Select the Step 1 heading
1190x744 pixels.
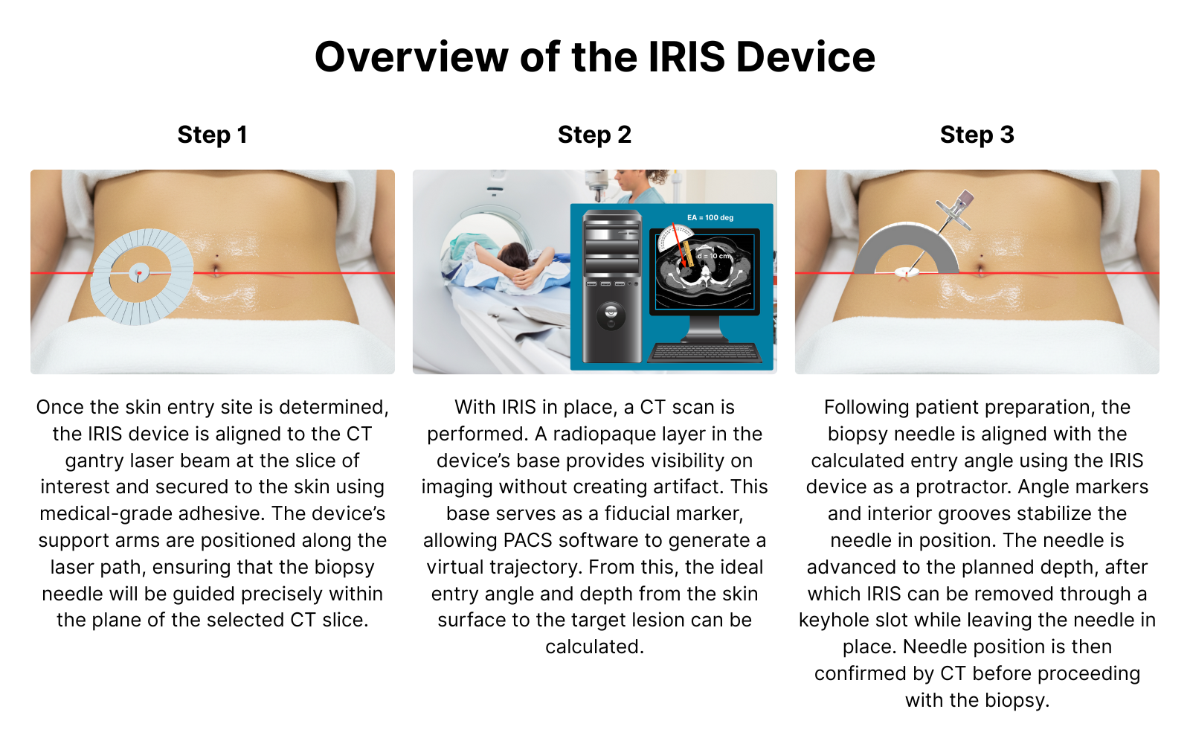tap(212, 135)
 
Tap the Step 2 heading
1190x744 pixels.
tap(594, 135)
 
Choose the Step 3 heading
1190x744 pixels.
tap(977, 135)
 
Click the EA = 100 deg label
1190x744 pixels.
tap(710, 217)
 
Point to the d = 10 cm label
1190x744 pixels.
tap(714, 256)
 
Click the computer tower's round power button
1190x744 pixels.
tap(611, 316)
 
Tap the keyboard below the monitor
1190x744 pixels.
tap(704, 353)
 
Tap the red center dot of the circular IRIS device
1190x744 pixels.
tap(138, 273)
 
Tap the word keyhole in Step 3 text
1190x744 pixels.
tap(833, 620)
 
